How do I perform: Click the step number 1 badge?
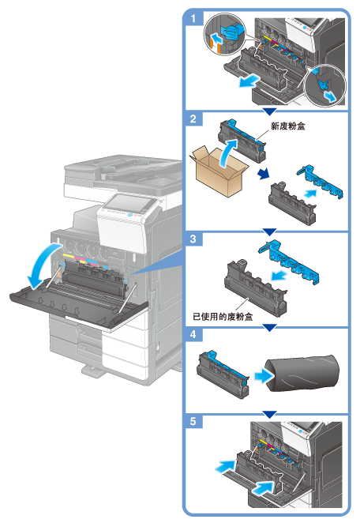tap(193, 17)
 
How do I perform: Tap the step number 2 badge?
tap(193, 119)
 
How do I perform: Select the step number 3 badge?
tap(193, 239)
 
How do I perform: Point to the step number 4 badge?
tap(193, 334)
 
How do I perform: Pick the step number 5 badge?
tap(193, 422)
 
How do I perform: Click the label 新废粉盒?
tap(287, 126)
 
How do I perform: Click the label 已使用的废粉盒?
tap(223, 316)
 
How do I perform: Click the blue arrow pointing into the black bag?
tap(264, 377)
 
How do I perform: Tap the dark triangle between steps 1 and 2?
tap(269, 111)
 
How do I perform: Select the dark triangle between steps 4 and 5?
tap(269, 415)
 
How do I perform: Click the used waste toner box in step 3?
tap(256, 288)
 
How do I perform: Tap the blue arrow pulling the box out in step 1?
tap(249, 81)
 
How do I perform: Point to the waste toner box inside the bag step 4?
tap(223, 373)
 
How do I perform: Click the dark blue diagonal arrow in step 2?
tap(264, 174)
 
